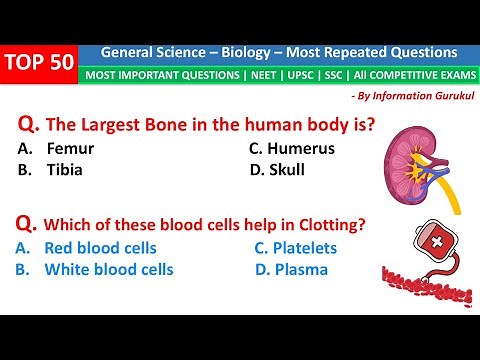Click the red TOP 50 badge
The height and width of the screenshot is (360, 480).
click(40, 63)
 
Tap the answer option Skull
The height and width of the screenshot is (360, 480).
click(285, 169)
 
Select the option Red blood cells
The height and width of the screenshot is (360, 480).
click(100, 248)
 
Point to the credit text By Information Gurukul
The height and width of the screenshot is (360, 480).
click(410, 95)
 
